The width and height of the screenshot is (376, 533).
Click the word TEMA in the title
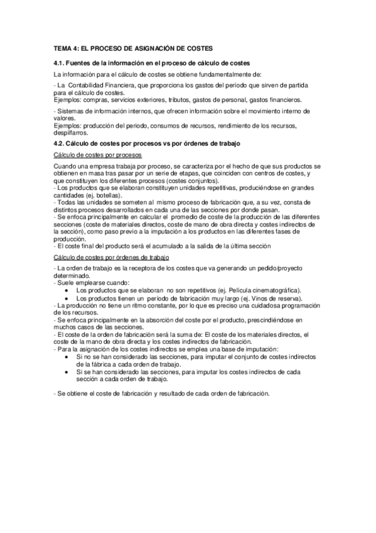click(x=63, y=48)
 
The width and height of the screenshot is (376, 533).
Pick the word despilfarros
click(x=72, y=133)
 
